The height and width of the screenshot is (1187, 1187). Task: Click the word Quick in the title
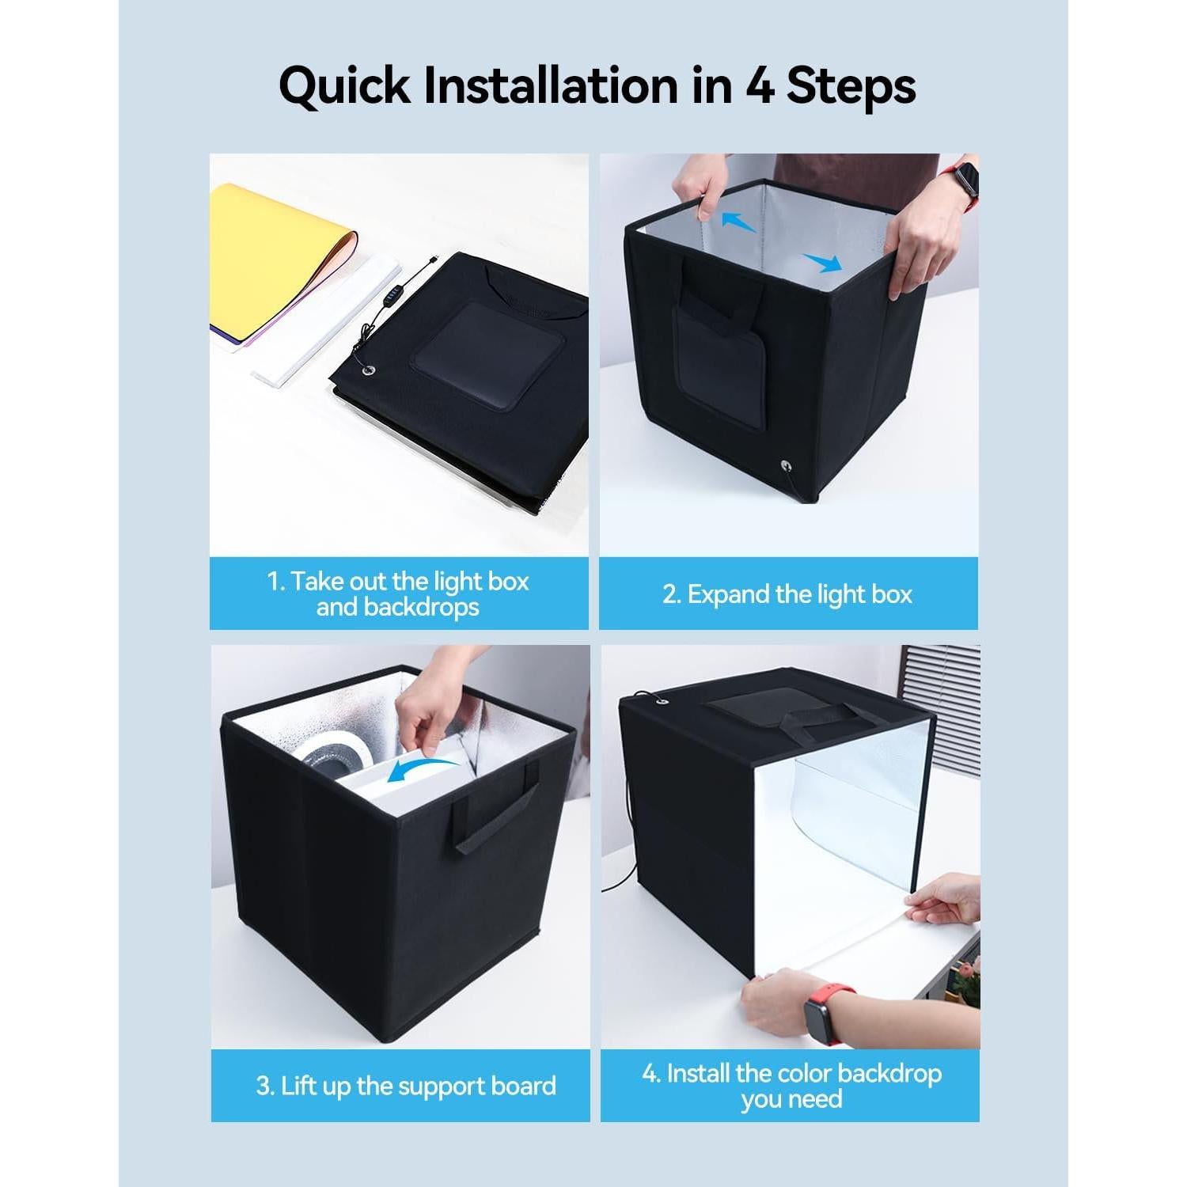[344, 86]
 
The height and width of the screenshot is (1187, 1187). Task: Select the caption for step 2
[787, 594]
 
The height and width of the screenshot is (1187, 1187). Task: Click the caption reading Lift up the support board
[407, 1086]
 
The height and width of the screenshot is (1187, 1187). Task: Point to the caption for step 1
[398, 594]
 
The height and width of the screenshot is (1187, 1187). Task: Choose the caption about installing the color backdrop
[791, 1086]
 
